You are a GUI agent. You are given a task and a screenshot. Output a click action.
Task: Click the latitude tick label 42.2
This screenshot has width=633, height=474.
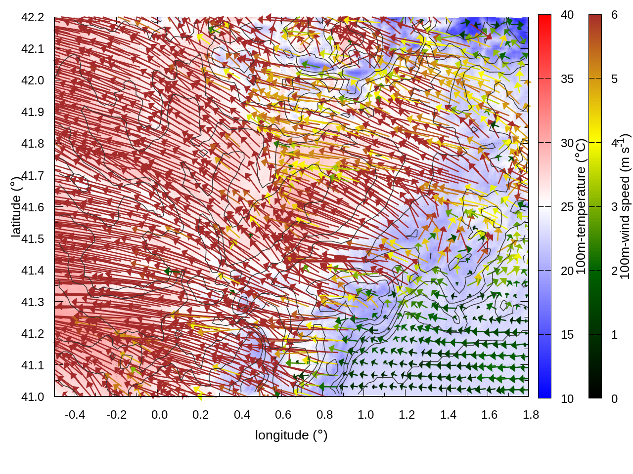point(33,17)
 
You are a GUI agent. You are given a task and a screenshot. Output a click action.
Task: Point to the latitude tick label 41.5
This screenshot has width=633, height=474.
point(33,239)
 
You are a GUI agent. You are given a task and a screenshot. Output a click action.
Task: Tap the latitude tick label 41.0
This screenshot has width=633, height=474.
point(33,397)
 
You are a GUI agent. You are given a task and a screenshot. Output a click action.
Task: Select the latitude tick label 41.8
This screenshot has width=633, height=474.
point(33,144)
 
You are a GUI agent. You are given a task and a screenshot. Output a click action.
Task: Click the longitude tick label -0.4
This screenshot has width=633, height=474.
point(75,415)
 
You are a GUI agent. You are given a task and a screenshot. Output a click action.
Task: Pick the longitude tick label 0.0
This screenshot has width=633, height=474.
point(159,415)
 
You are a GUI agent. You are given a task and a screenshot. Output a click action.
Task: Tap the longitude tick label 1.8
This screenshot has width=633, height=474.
point(531,415)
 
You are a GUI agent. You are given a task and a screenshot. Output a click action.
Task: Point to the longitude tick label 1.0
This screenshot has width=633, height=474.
point(366,415)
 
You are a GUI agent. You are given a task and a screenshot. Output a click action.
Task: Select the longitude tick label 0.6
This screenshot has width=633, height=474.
point(283,415)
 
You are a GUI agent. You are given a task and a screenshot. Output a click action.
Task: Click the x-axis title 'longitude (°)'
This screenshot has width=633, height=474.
point(291,435)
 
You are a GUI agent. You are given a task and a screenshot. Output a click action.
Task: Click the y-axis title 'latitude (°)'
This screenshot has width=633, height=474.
point(16,207)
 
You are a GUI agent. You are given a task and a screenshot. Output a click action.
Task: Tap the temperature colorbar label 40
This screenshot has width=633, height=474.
point(567,15)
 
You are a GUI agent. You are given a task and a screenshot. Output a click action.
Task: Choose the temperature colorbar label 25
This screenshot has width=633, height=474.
point(567,207)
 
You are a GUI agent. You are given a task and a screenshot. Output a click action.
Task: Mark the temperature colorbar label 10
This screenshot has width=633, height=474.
point(567,398)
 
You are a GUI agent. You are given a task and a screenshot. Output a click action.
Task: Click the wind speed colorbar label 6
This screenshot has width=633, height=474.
point(614,15)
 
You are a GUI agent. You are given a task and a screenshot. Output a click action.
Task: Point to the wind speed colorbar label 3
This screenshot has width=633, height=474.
point(614,207)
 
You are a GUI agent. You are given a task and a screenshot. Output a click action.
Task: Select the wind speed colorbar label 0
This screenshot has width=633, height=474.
point(614,398)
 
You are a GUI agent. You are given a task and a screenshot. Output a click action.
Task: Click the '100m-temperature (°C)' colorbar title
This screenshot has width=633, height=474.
point(582,207)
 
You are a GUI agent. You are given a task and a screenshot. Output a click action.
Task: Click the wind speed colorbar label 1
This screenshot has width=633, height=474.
point(614,335)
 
